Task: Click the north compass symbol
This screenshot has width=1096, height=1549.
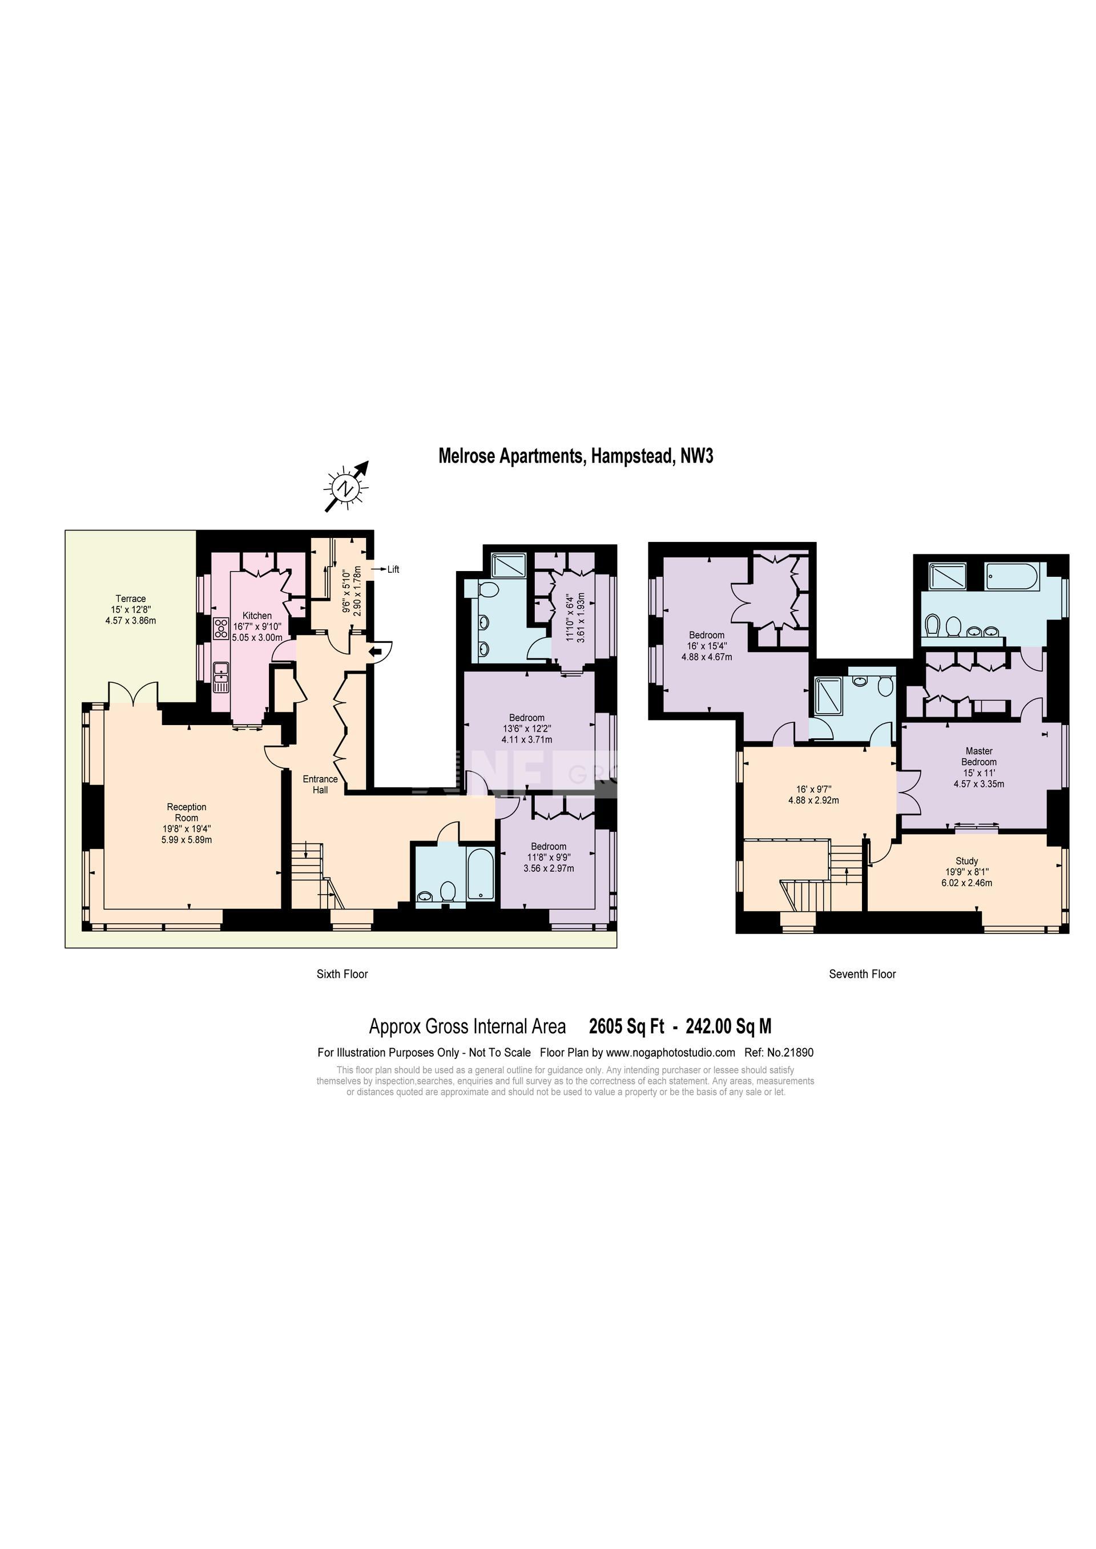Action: pos(347,487)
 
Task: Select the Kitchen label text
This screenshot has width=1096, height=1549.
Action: pos(257,615)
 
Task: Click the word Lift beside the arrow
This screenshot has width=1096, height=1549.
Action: pos(393,569)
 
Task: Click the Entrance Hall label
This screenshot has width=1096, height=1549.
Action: pos(320,784)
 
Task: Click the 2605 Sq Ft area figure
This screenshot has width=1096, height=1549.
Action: pos(626,1027)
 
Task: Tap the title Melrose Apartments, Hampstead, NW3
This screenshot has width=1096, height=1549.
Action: pos(575,456)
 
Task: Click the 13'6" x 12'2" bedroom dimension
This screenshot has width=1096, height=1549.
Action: pos(527,729)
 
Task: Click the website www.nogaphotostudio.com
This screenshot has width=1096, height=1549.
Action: pos(670,1053)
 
